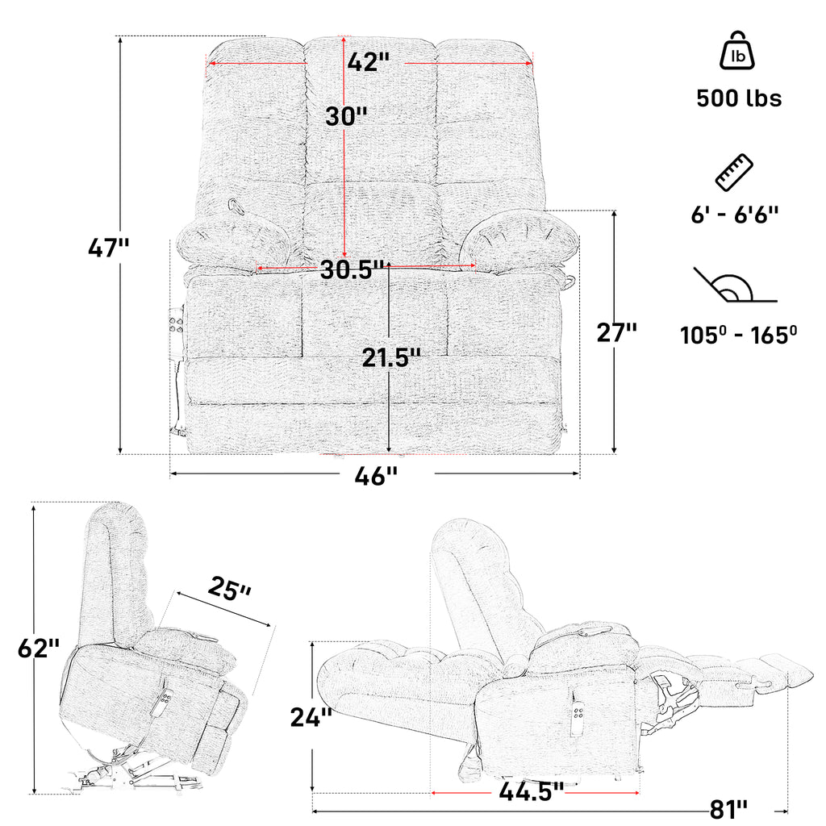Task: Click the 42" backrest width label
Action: pos(368,61)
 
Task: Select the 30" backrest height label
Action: pos(346,116)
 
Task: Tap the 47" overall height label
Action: pos(108,247)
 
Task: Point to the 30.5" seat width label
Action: pos(352,269)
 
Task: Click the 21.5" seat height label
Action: pos(391,357)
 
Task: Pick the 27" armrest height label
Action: pos(616,332)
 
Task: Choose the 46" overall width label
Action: pos(376,476)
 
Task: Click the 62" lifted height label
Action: pos(39,648)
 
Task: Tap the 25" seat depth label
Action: pos(229,588)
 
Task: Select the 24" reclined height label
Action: pos(311,717)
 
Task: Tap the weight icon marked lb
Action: pos(737,50)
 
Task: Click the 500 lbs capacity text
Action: pos(739,98)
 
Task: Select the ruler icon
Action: pos(734,173)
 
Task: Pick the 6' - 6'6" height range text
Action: pos(735,215)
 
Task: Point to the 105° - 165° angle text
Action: pos(739,335)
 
